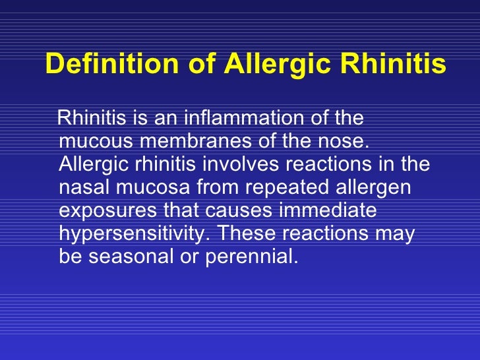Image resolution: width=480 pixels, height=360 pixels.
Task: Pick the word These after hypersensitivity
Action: tap(248, 233)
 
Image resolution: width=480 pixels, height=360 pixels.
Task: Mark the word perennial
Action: tap(253, 256)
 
